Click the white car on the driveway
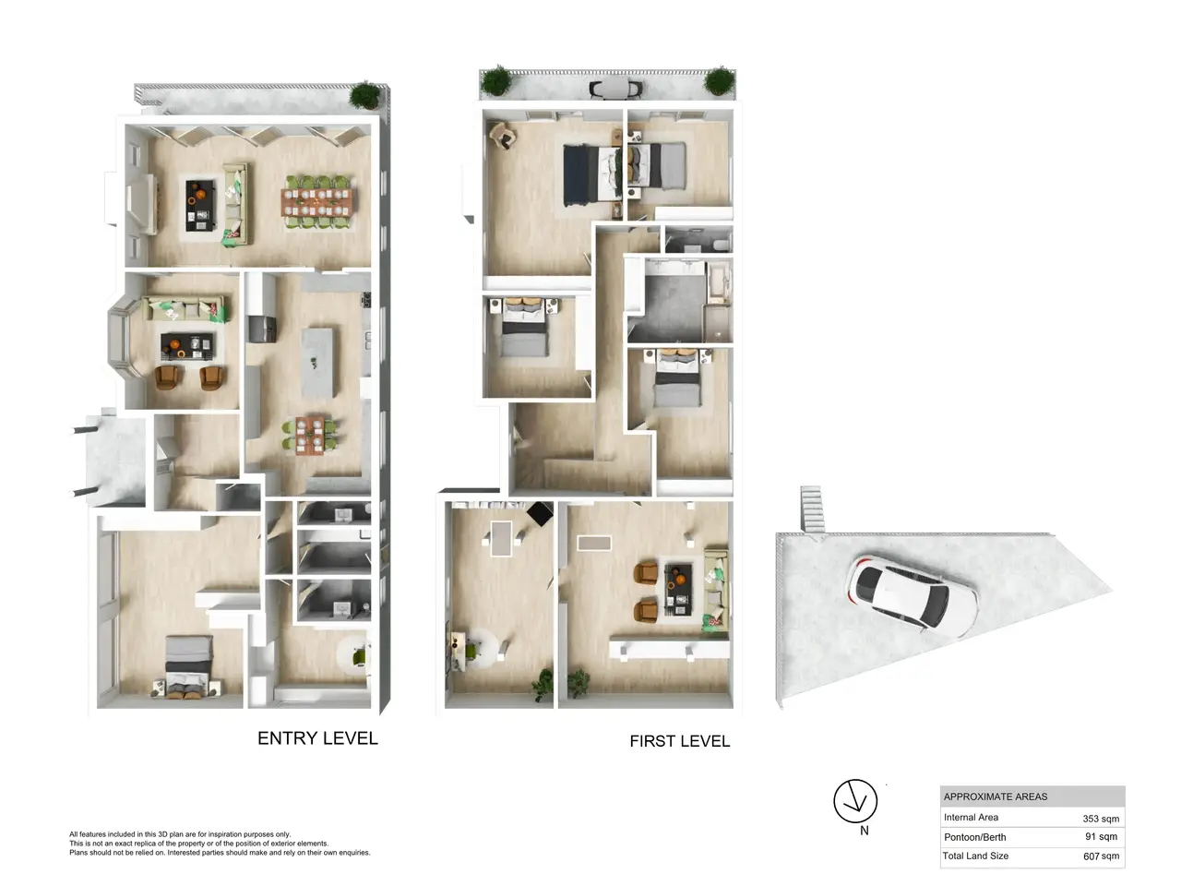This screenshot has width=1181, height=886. point(912,596)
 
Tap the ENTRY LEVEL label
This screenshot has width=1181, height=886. point(317,738)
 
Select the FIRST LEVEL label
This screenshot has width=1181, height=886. point(680,741)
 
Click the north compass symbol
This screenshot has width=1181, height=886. point(855,801)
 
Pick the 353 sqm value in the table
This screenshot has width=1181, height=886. point(1101,819)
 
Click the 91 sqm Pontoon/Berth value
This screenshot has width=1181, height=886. point(1101,836)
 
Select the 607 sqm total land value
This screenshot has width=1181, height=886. point(1101,856)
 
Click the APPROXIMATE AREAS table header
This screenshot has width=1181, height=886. point(996,796)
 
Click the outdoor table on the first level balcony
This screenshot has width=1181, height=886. point(615,88)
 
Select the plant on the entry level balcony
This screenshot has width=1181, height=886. point(364,96)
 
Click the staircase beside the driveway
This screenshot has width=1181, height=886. point(812,509)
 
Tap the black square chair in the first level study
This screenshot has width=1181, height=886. point(540,514)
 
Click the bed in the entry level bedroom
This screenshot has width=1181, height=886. point(188,666)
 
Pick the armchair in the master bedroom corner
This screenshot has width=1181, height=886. point(503,135)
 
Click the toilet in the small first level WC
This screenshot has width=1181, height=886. point(722,245)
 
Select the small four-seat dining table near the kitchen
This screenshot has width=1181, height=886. point(309,435)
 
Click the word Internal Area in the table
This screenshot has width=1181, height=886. point(971,817)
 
